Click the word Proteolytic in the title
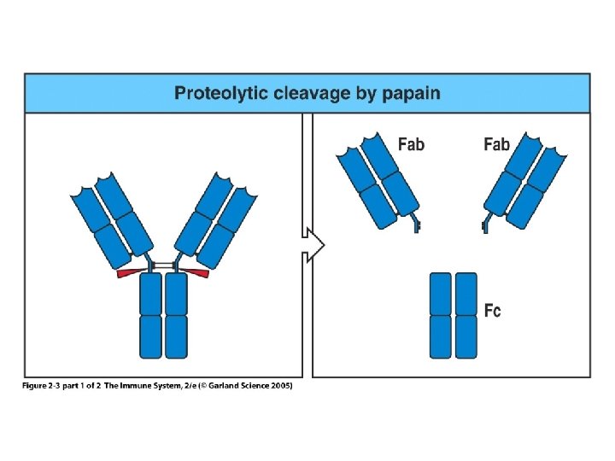(x=221, y=93)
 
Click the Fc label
(x=493, y=310)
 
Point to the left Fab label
(x=411, y=144)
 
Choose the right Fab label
(x=496, y=144)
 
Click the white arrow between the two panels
(x=313, y=245)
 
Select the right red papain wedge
(x=198, y=273)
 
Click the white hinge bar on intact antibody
(x=163, y=266)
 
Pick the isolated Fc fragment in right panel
(x=454, y=314)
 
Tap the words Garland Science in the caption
(x=237, y=386)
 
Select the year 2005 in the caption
(x=279, y=386)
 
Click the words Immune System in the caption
(x=158, y=386)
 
